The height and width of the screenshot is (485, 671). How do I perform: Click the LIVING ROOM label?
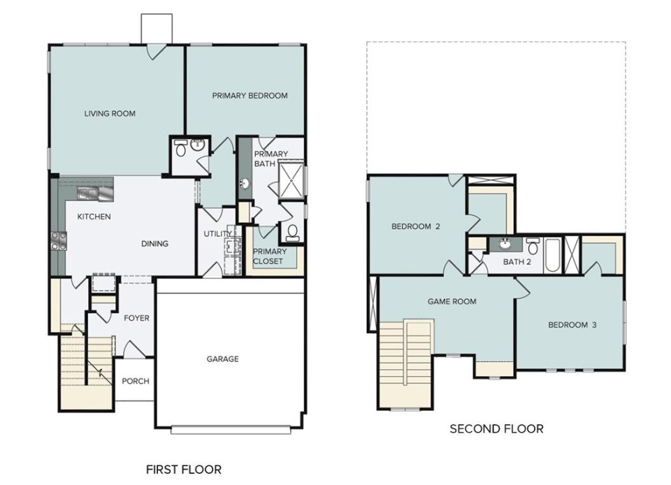(x=110, y=113)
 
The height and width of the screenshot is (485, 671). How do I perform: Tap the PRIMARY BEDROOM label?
(x=250, y=95)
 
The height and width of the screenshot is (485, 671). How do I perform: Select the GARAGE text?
(x=222, y=359)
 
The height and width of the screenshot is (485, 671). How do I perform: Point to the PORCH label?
(x=136, y=381)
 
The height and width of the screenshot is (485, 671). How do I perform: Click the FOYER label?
(x=136, y=318)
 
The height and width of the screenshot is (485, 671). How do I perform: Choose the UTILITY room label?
(x=218, y=234)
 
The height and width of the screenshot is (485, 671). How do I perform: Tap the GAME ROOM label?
(x=452, y=301)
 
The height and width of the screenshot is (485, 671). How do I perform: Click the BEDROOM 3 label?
(x=572, y=325)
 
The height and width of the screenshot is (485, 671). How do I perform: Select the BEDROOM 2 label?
(x=415, y=226)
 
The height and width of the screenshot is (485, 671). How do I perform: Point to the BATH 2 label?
(x=517, y=262)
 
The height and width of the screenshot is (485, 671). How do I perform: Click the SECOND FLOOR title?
(x=496, y=428)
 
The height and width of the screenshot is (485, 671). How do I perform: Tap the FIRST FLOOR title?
(x=184, y=470)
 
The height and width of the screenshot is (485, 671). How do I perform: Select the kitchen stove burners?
(x=59, y=240)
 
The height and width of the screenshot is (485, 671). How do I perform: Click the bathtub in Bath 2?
(x=552, y=255)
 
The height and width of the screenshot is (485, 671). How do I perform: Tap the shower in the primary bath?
(x=291, y=180)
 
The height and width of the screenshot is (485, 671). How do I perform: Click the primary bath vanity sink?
(x=245, y=184)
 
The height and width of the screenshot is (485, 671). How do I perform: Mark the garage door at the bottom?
(x=231, y=430)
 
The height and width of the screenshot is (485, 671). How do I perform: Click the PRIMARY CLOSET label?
(x=269, y=256)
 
